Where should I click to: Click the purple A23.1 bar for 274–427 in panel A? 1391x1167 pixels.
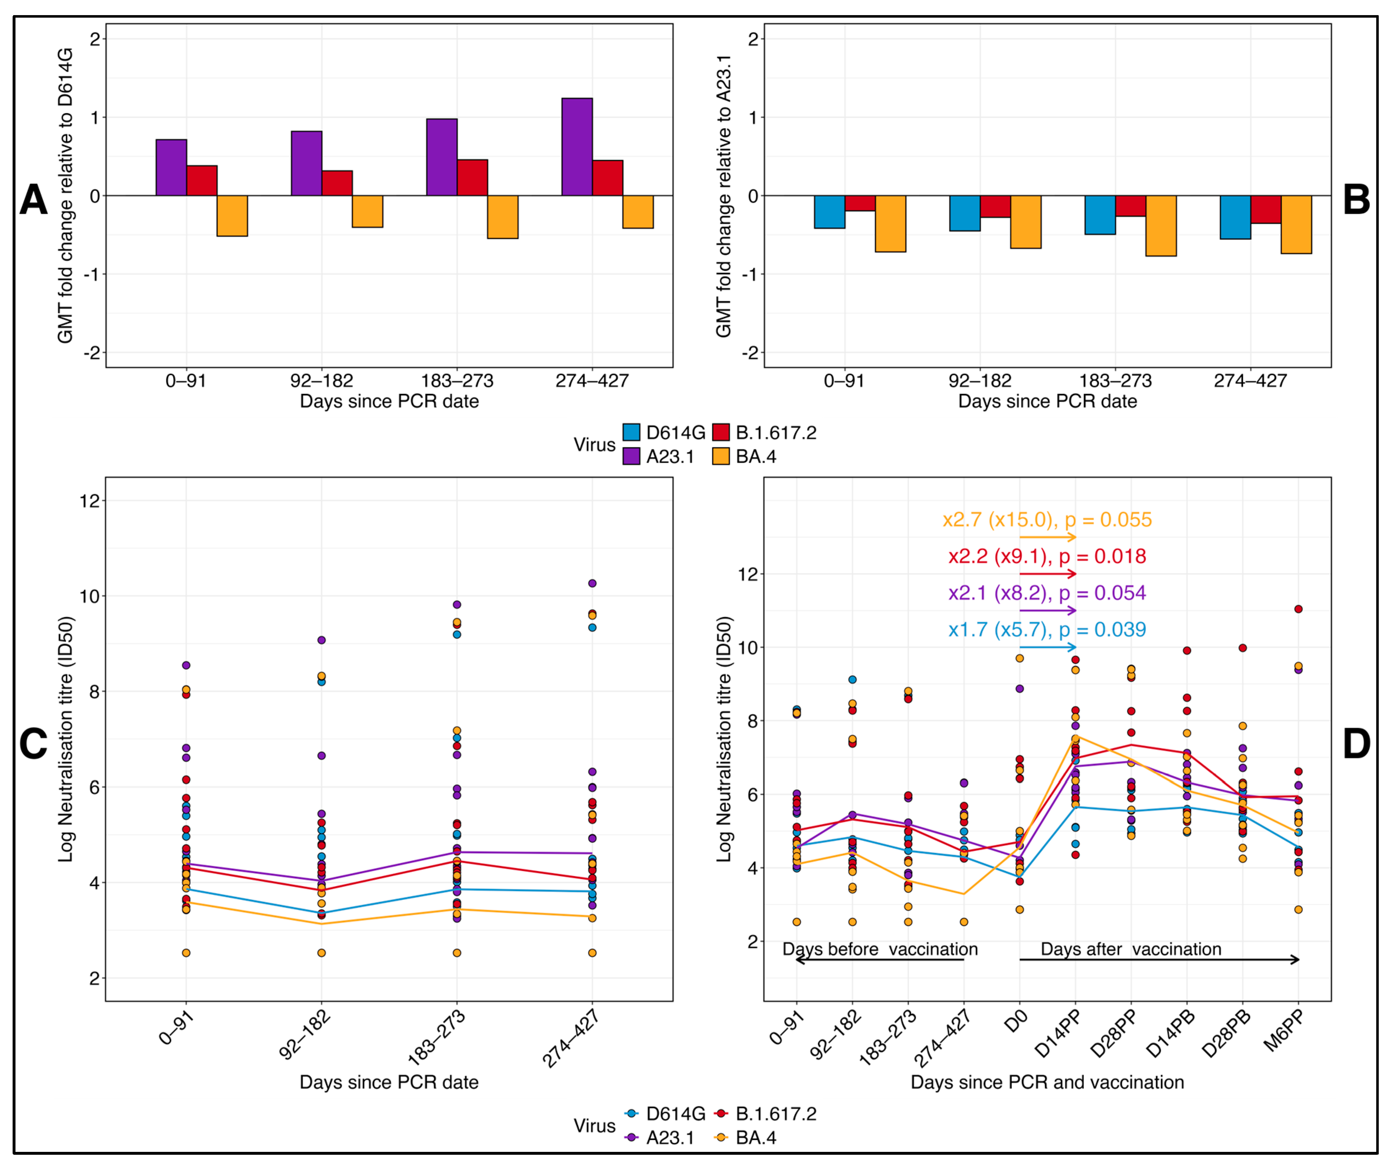click(x=577, y=147)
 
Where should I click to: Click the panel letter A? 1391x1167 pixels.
click(x=33, y=199)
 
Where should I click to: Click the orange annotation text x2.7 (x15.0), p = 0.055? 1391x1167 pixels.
click(x=1047, y=520)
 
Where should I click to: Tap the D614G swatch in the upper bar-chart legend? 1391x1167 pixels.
click(x=631, y=432)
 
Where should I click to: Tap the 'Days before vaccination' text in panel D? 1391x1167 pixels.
click(x=880, y=949)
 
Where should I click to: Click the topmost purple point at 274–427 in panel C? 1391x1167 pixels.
click(x=592, y=583)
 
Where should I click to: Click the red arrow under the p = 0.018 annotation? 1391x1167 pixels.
click(x=1048, y=574)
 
